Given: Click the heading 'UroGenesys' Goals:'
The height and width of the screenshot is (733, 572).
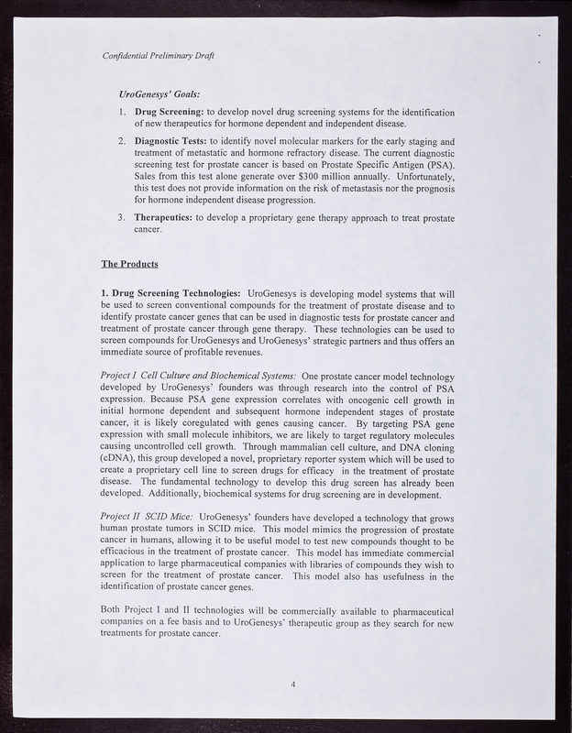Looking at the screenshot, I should (x=161, y=93).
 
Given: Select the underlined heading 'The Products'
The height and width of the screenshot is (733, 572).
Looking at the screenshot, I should (x=129, y=265).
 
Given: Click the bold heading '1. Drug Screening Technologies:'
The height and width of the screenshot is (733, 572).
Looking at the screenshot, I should (x=171, y=293).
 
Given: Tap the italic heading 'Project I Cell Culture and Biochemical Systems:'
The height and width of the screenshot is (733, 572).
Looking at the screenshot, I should (x=198, y=377).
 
